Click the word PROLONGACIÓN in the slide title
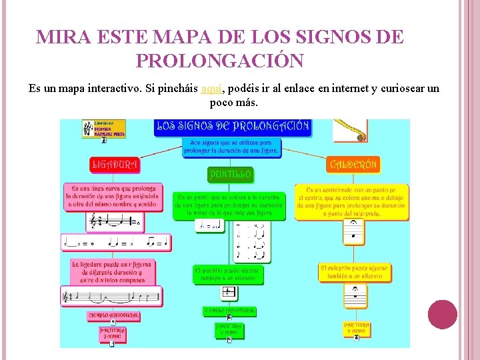[219, 61]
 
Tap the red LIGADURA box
[114, 163]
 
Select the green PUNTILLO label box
[231, 175]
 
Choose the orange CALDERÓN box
[353, 163]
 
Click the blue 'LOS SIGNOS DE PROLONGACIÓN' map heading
[232, 126]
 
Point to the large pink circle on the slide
[443, 315]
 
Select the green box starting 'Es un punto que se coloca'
[231, 206]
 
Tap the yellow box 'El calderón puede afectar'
[355, 272]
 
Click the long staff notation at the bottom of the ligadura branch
[112, 296]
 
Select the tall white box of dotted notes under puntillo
[251, 243]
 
